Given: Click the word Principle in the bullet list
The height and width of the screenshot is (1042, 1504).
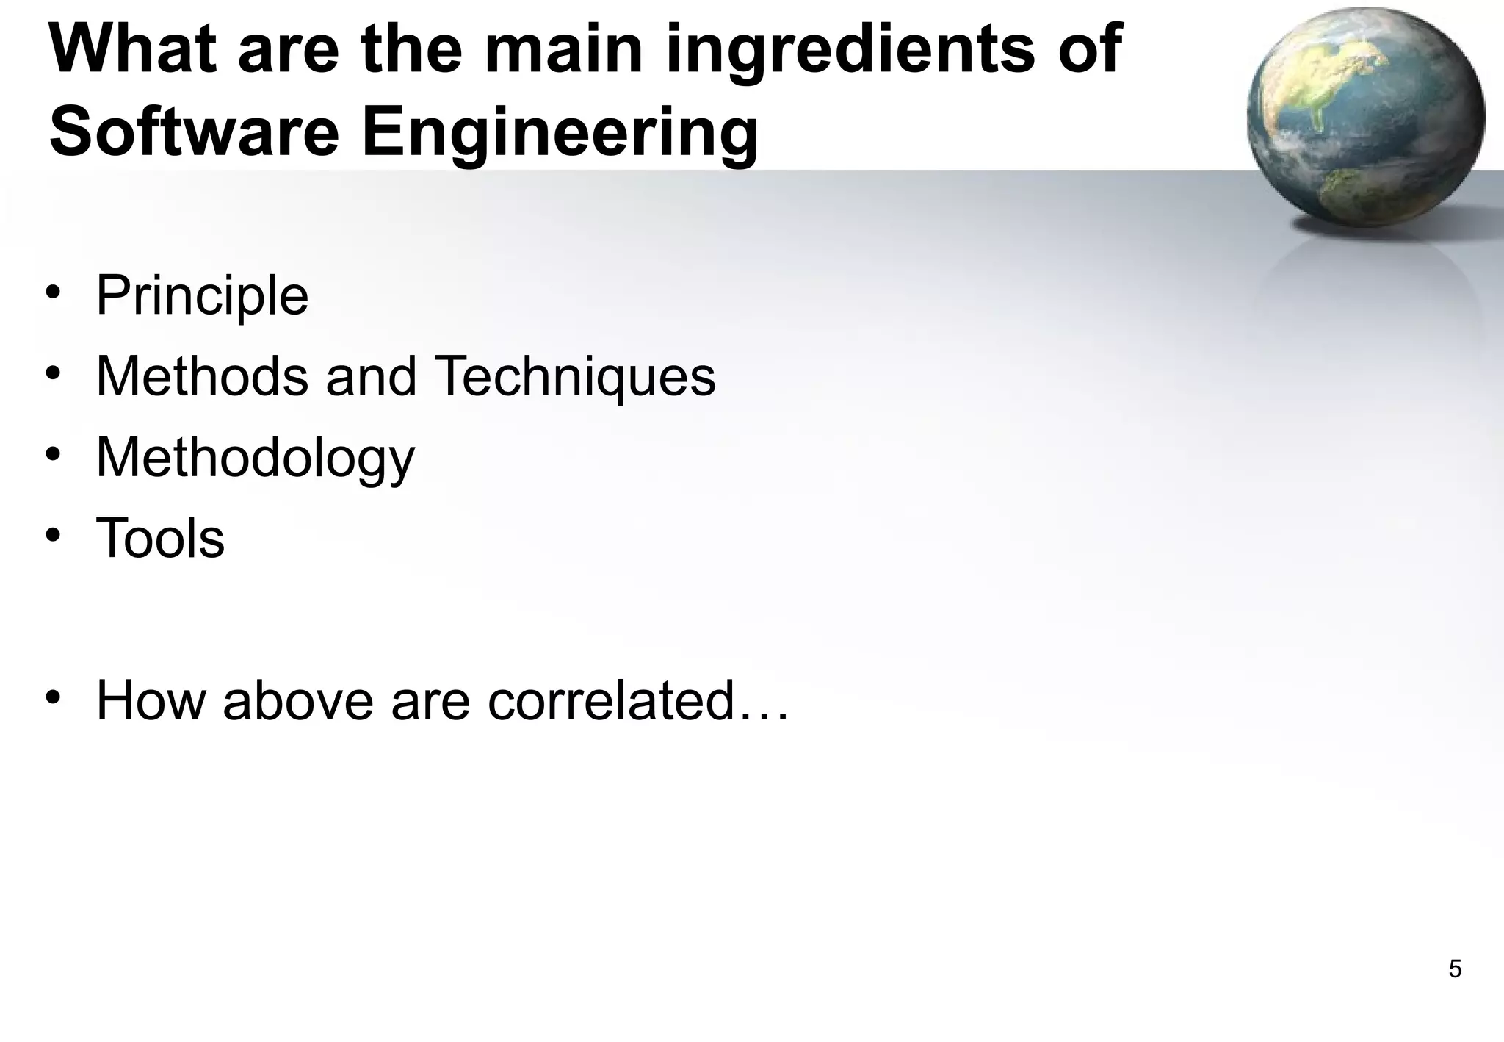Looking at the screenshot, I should [x=202, y=296].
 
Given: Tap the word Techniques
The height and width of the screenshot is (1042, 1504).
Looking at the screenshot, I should [x=575, y=377].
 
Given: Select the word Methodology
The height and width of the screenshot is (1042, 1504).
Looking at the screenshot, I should [x=256, y=459].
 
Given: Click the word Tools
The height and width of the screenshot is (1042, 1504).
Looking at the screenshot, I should [x=160, y=539].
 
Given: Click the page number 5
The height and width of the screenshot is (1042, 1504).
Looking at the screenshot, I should [x=1454, y=969].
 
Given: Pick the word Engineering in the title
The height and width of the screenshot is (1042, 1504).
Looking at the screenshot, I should [x=560, y=132].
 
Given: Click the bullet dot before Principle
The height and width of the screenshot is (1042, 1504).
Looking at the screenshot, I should [x=53, y=292].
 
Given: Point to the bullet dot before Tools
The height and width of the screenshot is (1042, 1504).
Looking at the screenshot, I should [x=53, y=535].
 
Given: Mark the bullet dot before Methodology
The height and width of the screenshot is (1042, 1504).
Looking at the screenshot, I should [x=53, y=454].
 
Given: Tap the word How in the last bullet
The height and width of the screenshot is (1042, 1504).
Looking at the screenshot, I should [x=151, y=700].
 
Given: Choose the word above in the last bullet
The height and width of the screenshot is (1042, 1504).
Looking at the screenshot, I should [x=298, y=700].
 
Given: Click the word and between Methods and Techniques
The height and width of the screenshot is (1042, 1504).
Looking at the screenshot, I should [x=371, y=377].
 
